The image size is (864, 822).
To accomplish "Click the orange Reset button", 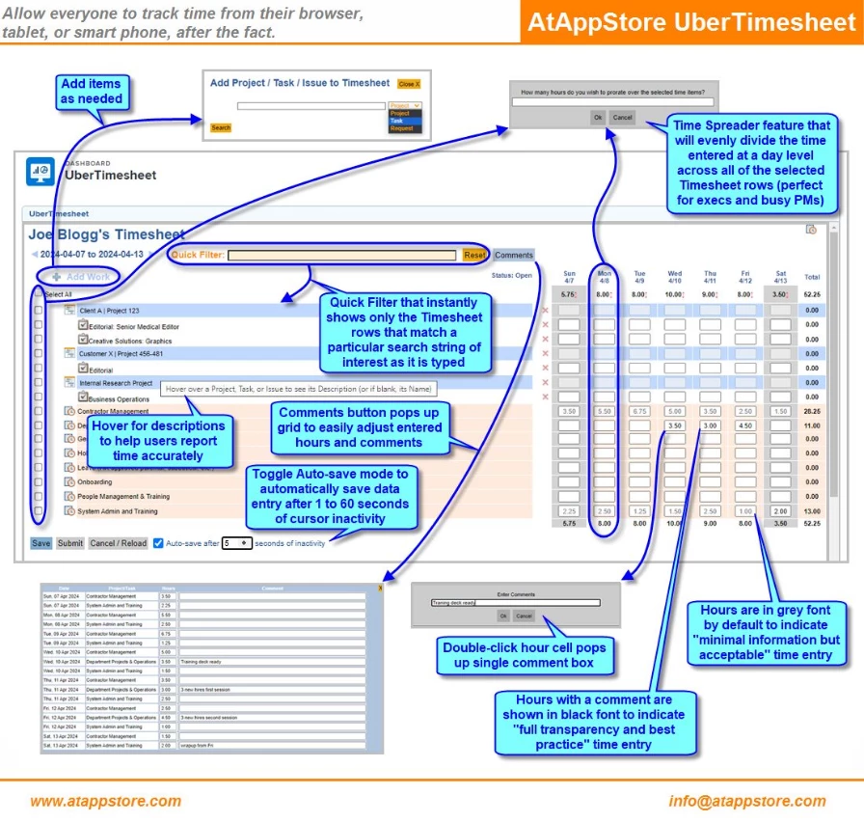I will coord(474,256).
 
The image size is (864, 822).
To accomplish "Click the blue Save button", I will coord(40,543).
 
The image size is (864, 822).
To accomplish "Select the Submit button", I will coord(70,543).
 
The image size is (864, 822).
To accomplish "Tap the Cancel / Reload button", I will coord(119,543).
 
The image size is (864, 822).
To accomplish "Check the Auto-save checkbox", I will coord(158,543).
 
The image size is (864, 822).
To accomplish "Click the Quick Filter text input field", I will coord(342,256).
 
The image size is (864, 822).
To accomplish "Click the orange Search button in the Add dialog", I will coord(221,127).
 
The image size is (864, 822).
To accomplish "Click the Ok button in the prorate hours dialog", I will coord(598,118).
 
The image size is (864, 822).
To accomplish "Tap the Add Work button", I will coord(81,277).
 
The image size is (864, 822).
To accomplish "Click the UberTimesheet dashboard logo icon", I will coord(40,171).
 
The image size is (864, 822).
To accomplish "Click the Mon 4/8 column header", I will coord(605,278).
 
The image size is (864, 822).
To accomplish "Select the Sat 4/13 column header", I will coord(781,278).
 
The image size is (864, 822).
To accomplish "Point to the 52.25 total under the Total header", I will coord(812,294).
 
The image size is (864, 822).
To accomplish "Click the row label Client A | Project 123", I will coord(115,311).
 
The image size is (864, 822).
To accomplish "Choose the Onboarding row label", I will coord(94,481).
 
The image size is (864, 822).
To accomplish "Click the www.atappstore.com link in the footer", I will coord(106,801).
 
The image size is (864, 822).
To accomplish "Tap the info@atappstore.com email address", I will coord(747,801).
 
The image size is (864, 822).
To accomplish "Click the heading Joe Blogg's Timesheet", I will coord(106,234).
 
